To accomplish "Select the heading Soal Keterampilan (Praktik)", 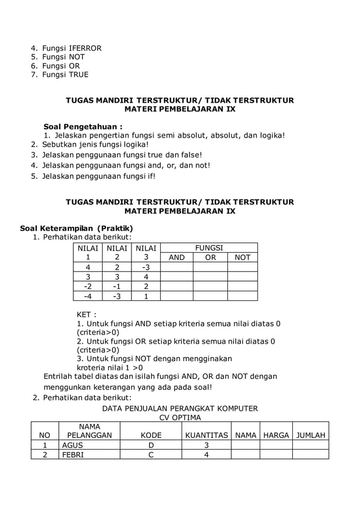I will tap(76, 228).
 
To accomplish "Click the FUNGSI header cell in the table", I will tap(209, 248).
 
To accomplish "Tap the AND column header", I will tap(177, 257).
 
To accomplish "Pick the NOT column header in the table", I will tap(243, 257).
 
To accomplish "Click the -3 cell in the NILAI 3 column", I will tap(146, 267).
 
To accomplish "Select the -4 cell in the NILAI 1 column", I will tap(87, 296).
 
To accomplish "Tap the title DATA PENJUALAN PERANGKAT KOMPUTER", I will tap(179, 409).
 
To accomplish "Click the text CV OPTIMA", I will tap(179, 418).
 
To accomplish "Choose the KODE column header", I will tap(151, 435).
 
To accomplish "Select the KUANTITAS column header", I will tap(207, 435).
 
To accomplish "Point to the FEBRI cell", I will tap(73, 455).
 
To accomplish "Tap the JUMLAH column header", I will tap(311, 435).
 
